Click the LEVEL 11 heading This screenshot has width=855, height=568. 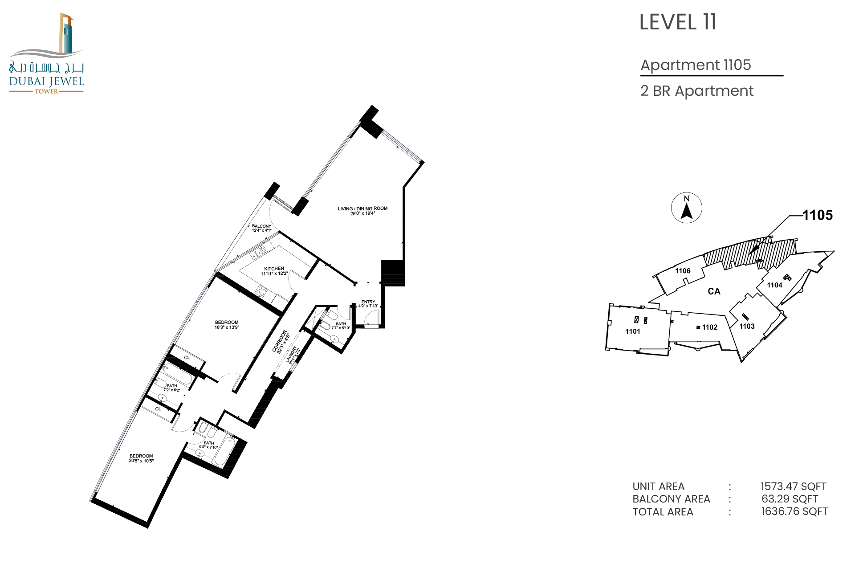click(x=678, y=22)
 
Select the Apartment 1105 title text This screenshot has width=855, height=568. click(x=696, y=65)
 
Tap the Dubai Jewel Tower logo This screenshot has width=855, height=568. click(x=46, y=53)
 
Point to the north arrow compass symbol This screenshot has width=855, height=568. click(x=687, y=208)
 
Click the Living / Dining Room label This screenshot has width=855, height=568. click(x=362, y=211)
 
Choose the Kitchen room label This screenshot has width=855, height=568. click(x=274, y=271)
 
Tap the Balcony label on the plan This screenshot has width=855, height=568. click(x=261, y=228)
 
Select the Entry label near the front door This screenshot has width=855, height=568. click(x=368, y=304)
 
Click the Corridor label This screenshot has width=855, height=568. click(x=281, y=342)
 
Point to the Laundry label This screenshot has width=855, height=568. click(x=292, y=355)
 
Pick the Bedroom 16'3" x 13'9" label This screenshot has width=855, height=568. click(x=227, y=325)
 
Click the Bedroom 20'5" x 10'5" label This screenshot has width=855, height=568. click(x=141, y=458)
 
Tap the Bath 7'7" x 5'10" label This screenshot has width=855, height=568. click(x=341, y=326)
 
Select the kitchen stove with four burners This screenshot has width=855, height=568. click(x=261, y=292)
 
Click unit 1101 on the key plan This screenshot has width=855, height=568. click(x=632, y=331)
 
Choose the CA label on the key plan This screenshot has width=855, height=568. click(x=714, y=291)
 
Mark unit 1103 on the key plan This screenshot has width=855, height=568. click(x=747, y=326)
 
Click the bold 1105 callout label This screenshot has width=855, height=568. click(x=818, y=215)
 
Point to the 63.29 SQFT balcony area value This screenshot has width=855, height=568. click(x=790, y=499)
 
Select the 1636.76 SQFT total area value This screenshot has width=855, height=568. click(x=794, y=511)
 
